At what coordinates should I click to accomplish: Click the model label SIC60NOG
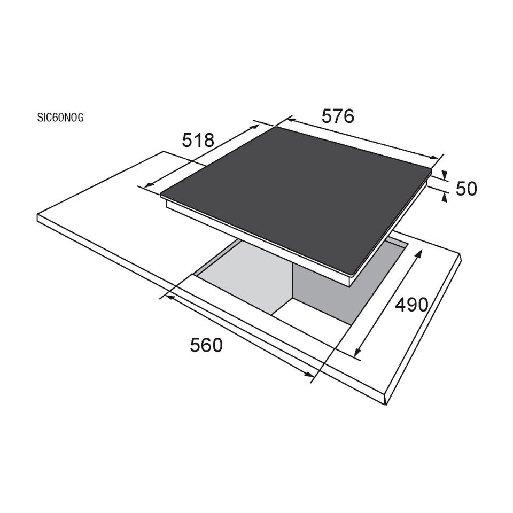pyautogui.click(x=60, y=117)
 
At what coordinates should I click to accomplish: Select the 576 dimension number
pyautogui.click(x=338, y=116)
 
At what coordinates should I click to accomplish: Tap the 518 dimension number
pyautogui.click(x=198, y=140)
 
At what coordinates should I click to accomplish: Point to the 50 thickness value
pyautogui.click(x=466, y=189)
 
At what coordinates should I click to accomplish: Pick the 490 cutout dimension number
pyautogui.click(x=411, y=305)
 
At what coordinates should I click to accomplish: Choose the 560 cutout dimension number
pyautogui.click(x=206, y=345)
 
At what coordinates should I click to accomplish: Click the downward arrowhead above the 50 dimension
pyautogui.click(x=444, y=175)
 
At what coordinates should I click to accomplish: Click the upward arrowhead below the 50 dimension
pyautogui.click(x=444, y=197)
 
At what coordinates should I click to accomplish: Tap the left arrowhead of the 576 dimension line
pyautogui.click(x=291, y=120)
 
